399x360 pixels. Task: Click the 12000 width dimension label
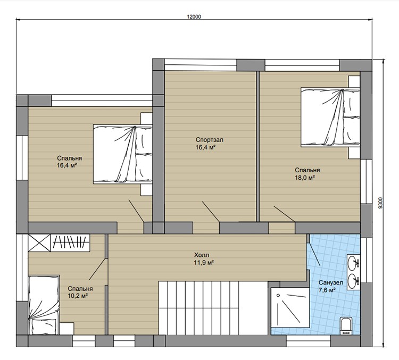click(194, 17)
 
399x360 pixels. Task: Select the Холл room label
click(202, 255)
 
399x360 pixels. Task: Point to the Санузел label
click(331, 282)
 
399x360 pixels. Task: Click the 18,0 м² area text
click(305, 177)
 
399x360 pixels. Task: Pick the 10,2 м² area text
click(78, 296)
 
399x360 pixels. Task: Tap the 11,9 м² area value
click(204, 262)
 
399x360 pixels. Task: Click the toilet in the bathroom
click(346, 325)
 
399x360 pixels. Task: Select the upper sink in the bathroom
click(353, 262)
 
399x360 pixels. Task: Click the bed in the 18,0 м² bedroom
click(330, 117)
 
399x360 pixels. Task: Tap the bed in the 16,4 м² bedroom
click(123, 154)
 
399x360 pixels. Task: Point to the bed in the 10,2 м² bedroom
click(44, 305)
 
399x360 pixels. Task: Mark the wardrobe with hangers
click(71, 242)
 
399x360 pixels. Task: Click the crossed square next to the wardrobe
click(39, 242)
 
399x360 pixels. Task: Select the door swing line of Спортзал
click(211, 212)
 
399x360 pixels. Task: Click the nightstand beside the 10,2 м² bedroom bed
click(67, 329)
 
